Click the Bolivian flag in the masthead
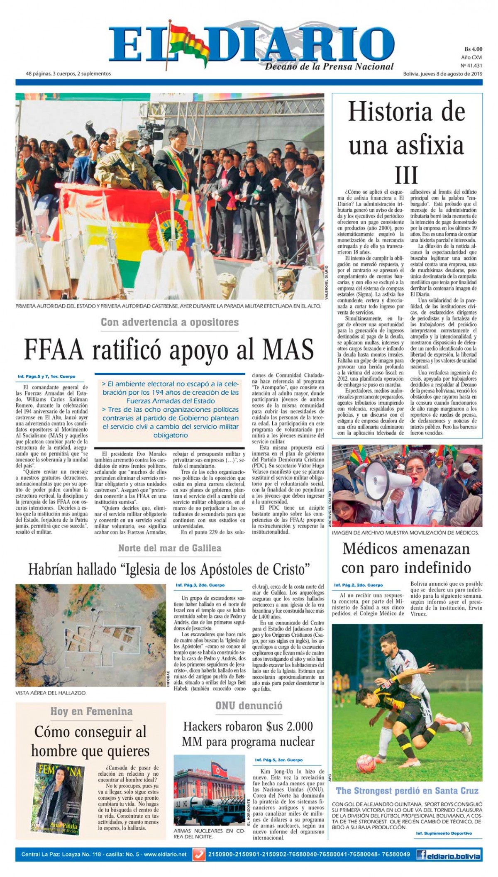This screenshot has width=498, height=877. coord(189,42)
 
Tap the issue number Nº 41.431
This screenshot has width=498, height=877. coord(471,66)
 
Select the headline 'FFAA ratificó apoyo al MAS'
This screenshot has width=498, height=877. coord(169,349)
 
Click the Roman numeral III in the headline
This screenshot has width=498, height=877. coord(406,175)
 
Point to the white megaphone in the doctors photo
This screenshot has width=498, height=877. coord(382,476)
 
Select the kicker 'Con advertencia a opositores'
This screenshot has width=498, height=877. coord(170,322)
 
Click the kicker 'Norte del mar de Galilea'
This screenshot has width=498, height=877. coord(170,548)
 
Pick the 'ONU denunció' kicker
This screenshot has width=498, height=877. coord(249,705)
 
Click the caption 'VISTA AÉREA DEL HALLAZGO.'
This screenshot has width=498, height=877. coord(51,693)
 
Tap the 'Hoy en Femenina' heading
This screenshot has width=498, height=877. coord(91,711)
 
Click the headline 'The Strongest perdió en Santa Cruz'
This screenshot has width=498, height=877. coord(407,791)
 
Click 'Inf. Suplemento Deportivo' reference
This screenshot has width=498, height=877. coord(444,833)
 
